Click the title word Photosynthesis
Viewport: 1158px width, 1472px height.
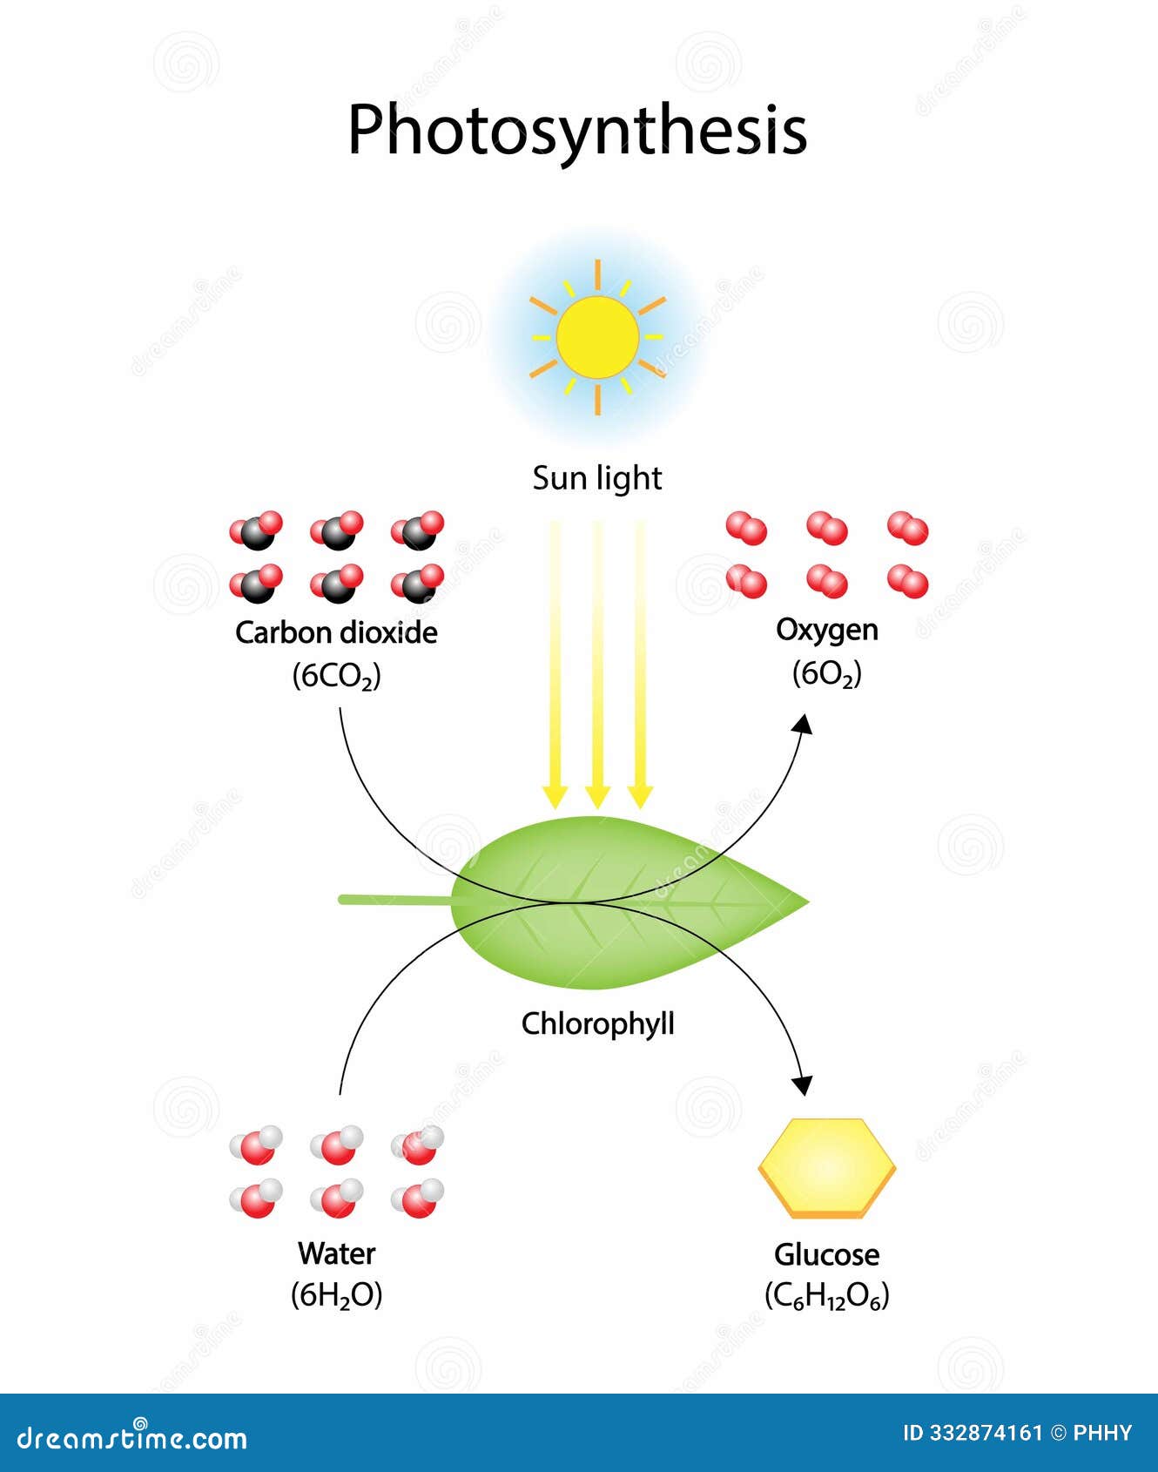click(577, 131)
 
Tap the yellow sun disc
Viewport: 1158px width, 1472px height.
click(597, 337)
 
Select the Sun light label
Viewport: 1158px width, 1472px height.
click(597, 478)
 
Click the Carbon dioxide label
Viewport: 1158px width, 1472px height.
click(336, 632)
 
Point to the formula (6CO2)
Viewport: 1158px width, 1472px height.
click(336, 676)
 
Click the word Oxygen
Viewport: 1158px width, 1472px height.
click(826, 630)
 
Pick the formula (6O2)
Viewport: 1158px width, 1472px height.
click(826, 673)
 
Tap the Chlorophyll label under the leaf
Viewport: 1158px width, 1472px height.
click(597, 1023)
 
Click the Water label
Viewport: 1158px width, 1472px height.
click(336, 1253)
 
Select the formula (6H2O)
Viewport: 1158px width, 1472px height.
click(336, 1295)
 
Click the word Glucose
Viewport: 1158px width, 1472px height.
click(826, 1254)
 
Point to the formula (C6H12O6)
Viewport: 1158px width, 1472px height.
click(826, 1296)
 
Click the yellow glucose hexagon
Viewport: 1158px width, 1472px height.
click(826, 1167)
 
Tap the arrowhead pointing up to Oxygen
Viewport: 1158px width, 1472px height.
click(804, 725)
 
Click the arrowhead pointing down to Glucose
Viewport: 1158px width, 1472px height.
click(803, 1084)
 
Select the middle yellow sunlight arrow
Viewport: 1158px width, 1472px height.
click(597, 662)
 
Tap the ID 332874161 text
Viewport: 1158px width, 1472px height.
click(972, 1433)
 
